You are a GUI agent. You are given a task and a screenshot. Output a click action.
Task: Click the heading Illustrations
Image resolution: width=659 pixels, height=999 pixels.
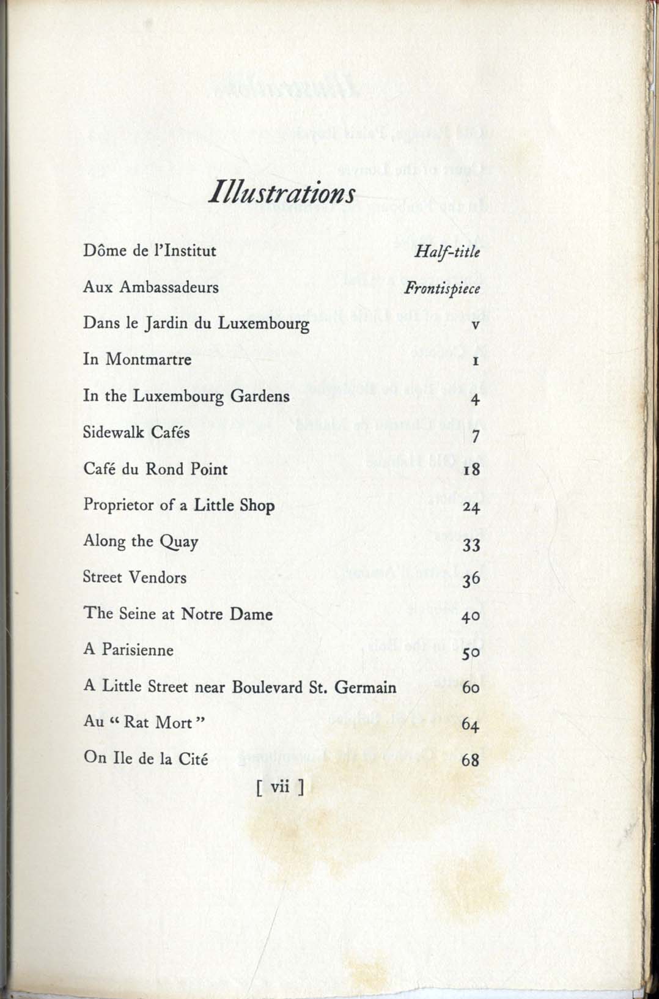point(281,193)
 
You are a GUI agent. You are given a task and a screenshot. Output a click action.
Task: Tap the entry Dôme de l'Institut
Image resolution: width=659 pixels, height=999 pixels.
point(150,251)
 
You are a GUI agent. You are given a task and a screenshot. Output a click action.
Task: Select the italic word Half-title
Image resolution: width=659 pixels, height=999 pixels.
point(447,251)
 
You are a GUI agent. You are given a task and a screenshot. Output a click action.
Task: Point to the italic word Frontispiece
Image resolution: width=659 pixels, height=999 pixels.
point(442,288)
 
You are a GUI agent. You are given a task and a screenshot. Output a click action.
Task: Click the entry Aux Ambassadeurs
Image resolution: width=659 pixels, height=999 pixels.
point(150,287)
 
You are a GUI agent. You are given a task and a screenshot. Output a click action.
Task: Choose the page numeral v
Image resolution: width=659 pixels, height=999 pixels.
point(475,325)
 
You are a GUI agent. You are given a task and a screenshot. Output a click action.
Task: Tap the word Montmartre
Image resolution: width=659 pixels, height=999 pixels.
point(149,359)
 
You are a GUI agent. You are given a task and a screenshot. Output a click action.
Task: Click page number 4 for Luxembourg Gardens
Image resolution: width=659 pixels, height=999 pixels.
point(476,400)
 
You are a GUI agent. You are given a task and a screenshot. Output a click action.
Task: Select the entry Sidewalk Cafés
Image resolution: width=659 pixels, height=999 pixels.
point(136,432)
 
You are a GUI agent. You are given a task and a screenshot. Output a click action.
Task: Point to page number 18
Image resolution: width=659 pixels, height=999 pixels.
point(471,470)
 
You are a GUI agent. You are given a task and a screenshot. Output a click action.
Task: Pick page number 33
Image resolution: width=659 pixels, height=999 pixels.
point(471,544)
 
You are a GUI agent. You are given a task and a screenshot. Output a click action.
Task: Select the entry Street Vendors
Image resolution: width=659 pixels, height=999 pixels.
point(134,577)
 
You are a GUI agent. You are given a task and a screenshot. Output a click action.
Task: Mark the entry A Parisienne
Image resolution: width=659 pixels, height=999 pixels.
point(128,650)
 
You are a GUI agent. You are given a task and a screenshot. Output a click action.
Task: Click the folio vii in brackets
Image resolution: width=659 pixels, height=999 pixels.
point(280,787)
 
